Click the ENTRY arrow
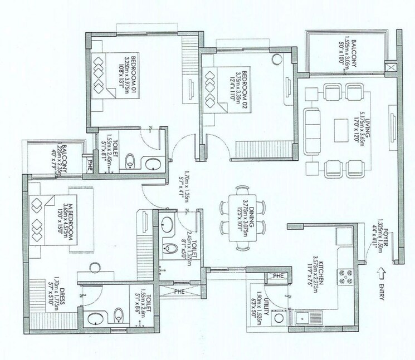click(381, 273)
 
